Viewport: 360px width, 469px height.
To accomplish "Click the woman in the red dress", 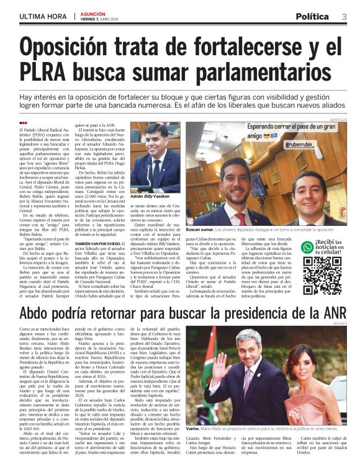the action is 319,385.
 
